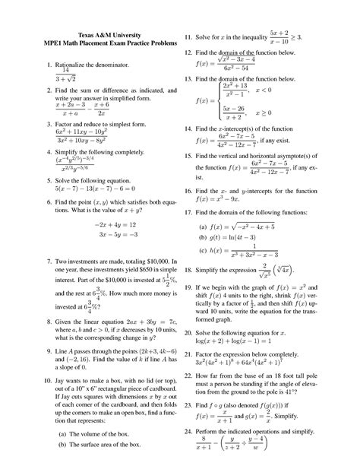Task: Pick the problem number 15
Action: [202, 154]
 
